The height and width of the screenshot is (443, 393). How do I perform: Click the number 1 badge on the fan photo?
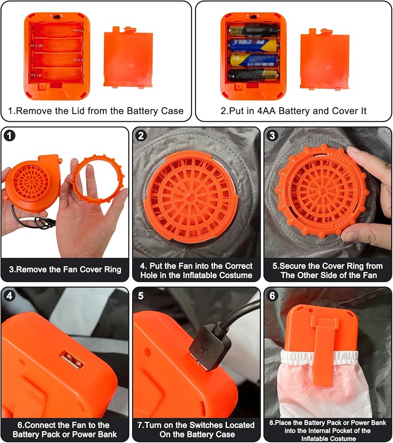point(9,136)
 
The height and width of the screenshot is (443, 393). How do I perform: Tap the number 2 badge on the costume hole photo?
point(141,136)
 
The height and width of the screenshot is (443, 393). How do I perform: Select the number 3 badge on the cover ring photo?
point(272,136)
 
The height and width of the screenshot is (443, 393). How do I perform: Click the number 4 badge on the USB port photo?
point(9,296)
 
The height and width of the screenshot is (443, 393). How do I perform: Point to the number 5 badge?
point(141,296)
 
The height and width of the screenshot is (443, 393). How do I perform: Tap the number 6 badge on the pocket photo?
point(272,296)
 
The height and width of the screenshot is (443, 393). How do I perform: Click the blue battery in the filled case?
point(253,45)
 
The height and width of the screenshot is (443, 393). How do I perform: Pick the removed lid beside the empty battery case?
point(129,57)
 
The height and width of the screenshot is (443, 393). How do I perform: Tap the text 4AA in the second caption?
point(266,111)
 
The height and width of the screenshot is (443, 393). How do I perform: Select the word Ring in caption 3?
point(112,269)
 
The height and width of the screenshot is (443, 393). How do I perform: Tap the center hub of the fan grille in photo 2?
point(190,196)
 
